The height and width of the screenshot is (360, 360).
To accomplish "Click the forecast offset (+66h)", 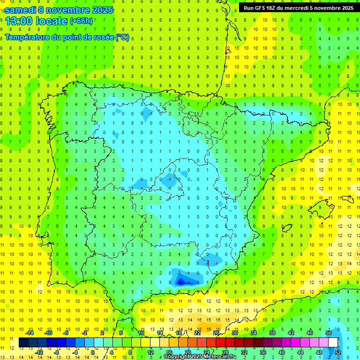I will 81,21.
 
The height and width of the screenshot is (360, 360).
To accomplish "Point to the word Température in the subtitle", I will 27,37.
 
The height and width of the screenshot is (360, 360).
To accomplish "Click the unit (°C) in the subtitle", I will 122,37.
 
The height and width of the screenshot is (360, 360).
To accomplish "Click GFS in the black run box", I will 262,8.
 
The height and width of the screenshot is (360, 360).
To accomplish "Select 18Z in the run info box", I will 274,8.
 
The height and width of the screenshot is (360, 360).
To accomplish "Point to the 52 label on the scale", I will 338,352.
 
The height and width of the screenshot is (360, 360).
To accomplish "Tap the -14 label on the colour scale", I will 30,333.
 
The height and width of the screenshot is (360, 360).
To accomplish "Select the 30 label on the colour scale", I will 235,333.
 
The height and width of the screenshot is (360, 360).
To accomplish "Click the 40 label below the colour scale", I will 281,352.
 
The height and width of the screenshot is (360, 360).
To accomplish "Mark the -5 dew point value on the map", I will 179,282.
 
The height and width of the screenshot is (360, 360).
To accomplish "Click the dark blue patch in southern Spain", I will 180,282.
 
